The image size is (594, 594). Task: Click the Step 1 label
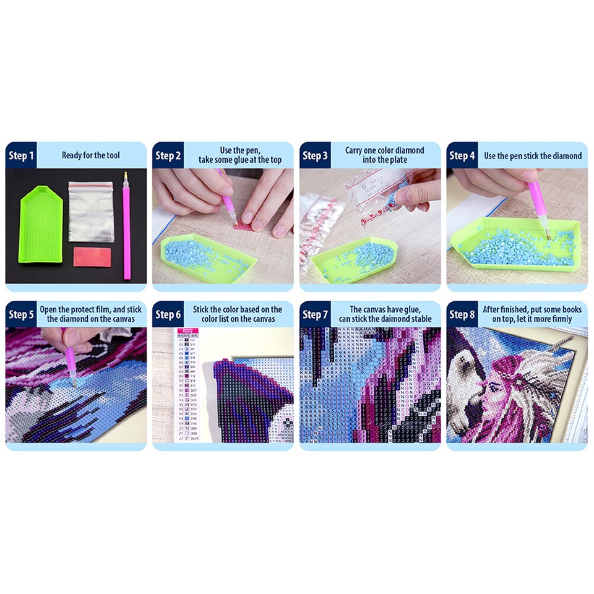tap(21, 156)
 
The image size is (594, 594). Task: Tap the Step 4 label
tap(462, 156)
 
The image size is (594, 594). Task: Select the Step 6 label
tap(168, 315)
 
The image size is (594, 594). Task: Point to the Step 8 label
tap(462, 315)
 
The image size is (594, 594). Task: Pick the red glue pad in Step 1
tap(91, 256)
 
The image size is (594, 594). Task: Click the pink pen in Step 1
tap(127, 226)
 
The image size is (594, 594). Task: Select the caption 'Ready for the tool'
tap(91, 155)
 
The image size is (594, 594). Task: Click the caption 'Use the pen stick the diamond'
tap(533, 156)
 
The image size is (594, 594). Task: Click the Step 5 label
tap(21, 315)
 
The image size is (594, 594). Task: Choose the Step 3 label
tap(315, 156)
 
